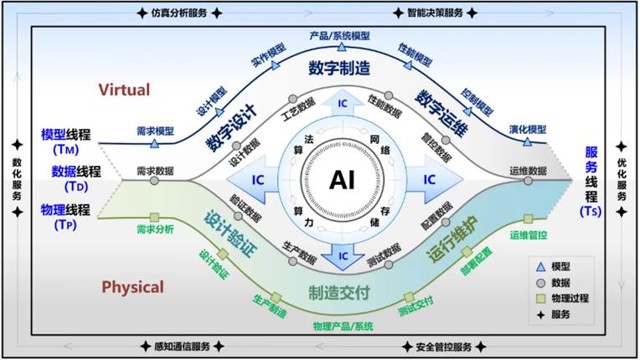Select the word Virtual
pos(124,90)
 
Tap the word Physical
pos(132,287)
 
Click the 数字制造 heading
pos(339,67)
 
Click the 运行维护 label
pos(457,238)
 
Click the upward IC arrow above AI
pos(342,102)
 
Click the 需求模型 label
pos(154,131)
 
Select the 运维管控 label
pos(528,235)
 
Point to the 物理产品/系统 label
pos(343,325)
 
